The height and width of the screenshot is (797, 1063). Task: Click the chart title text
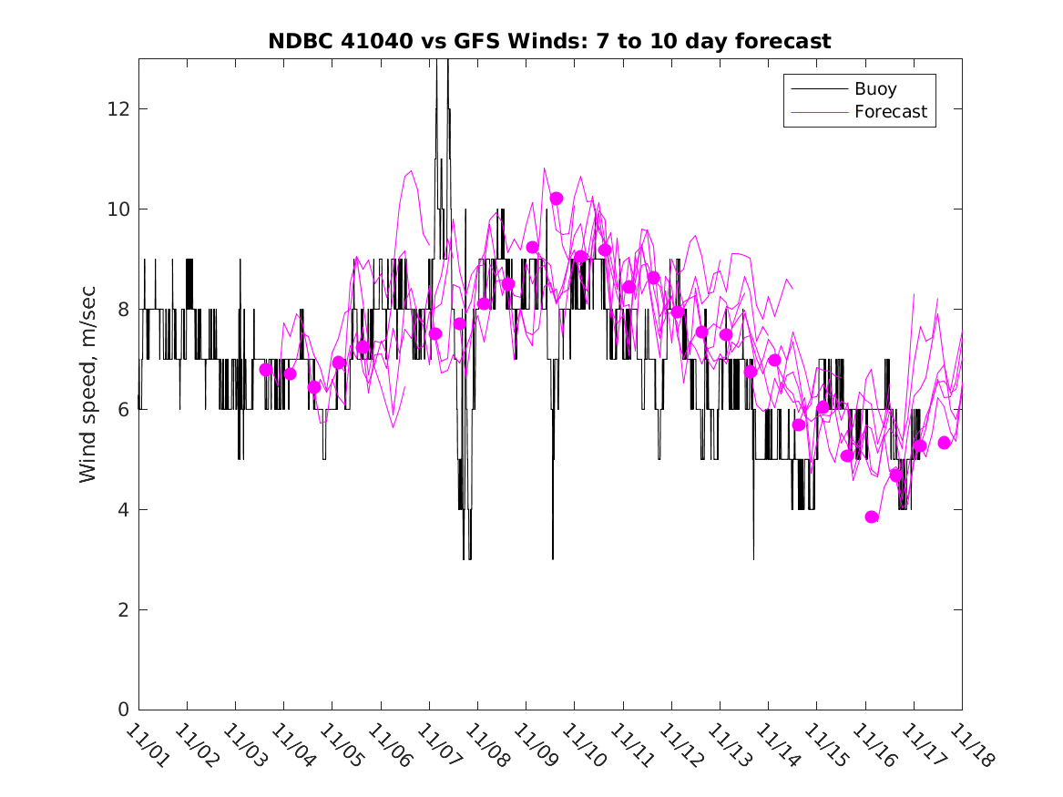pos(549,41)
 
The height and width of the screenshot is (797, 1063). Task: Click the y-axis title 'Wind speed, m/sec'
pos(87,383)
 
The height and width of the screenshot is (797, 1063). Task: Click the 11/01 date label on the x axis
pos(147,747)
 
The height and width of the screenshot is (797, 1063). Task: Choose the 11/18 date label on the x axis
pos(970,747)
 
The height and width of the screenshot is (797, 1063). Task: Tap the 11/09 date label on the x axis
pos(535,747)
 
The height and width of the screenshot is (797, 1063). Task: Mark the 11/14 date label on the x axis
pos(777,747)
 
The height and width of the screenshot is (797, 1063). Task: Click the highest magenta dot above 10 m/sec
pos(557,199)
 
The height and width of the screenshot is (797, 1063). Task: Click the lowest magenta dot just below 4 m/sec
pos(872,516)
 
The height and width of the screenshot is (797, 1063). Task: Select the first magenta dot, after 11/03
pos(266,370)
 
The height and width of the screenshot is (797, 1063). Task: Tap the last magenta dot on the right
pos(945,443)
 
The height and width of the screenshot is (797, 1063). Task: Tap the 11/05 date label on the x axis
pos(341,747)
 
